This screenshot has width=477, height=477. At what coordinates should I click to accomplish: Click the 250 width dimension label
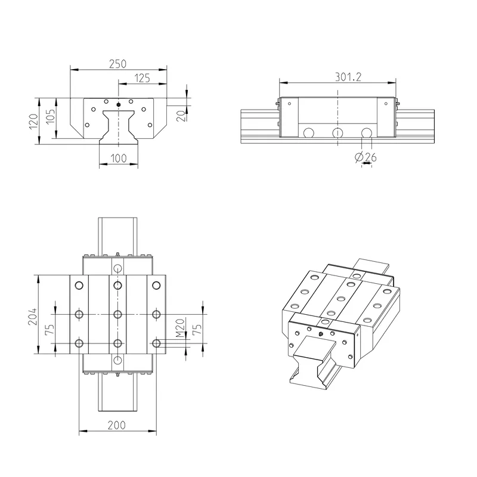click(117, 64)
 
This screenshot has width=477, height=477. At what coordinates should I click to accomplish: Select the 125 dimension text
click(143, 78)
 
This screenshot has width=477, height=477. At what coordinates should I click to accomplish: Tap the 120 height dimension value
click(33, 121)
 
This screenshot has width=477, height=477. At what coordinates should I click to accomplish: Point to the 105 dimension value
click(51, 116)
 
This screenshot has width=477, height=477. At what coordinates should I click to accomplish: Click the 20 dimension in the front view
click(181, 116)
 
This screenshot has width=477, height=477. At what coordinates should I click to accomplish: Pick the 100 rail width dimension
click(118, 158)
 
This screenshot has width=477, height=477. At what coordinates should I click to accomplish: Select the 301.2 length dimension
click(348, 77)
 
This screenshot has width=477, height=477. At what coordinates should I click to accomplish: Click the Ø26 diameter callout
click(366, 157)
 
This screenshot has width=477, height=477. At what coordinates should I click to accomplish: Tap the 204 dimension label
click(33, 317)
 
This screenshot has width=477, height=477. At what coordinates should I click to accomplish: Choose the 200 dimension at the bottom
click(116, 425)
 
